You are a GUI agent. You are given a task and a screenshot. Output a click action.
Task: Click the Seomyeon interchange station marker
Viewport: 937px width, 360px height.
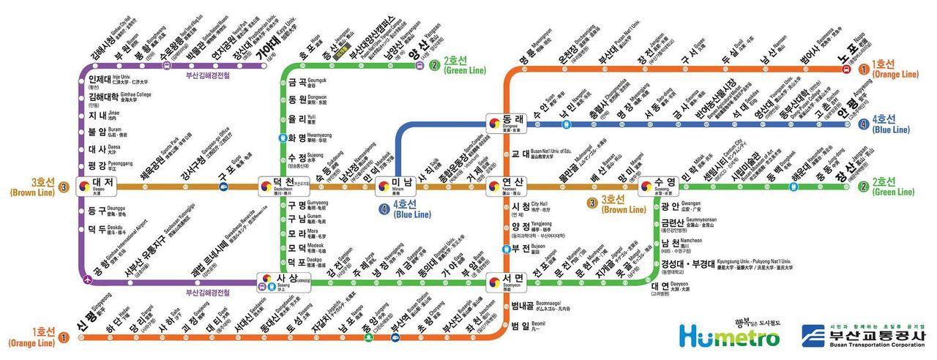pyautogui.click(x=497, y=279)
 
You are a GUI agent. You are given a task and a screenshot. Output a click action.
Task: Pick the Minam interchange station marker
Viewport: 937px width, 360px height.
pyautogui.click(x=383, y=185)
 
